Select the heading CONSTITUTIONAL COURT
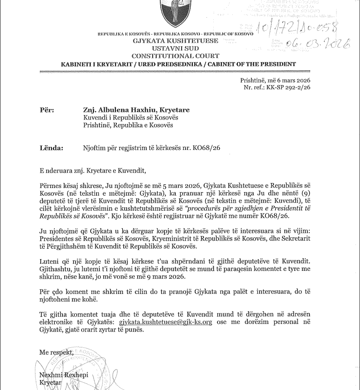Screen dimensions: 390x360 (175, 56)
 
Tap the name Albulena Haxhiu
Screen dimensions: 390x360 (121, 110)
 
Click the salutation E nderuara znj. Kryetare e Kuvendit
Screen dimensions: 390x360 (93, 171)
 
